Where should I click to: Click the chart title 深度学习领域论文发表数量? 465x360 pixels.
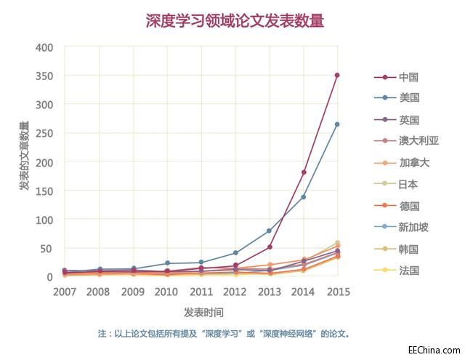pyautogui.click(x=234, y=20)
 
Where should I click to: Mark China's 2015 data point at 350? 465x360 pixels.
pyautogui.click(x=337, y=75)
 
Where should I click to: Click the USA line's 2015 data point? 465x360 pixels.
pyautogui.click(x=337, y=124)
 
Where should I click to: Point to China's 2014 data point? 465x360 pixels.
pyautogui.click(x=303, y=172)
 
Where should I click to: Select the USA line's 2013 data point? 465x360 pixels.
pyautogui.click(x=269, y=231)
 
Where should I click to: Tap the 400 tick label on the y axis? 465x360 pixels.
pyautogui.click(x=45, y=47)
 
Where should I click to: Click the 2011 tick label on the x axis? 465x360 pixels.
pyautogui.click(x=201, y=292)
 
